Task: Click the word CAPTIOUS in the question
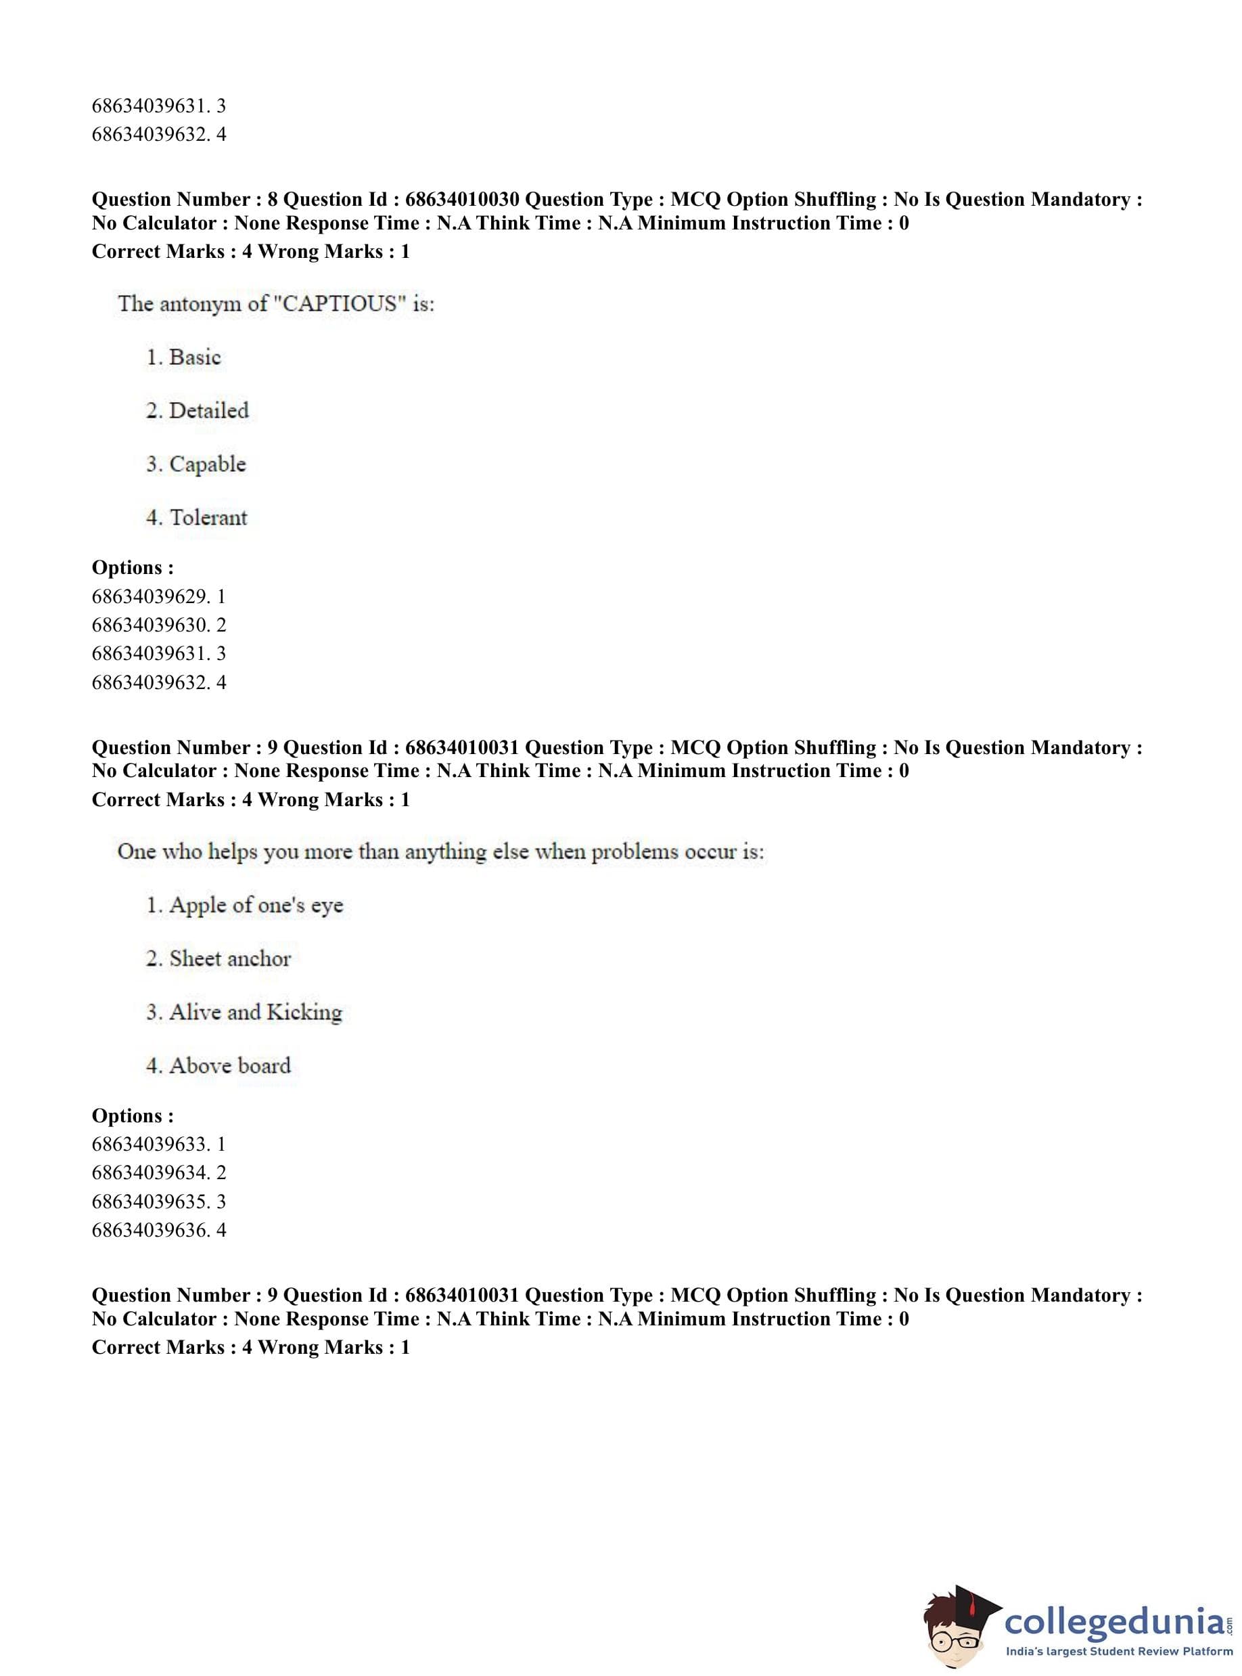pos(338,303)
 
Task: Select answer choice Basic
pos(195,357)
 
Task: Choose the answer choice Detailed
pos(208,411)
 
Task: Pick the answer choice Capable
pos(207,464)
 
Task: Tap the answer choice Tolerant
pos(208,518)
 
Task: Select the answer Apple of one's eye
pos(256,905)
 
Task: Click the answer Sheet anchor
pos(229,958)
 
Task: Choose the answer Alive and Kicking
pos(255,1012)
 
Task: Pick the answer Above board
pos(229,1065)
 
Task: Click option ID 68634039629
pos(150,596)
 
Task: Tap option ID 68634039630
pos(150,625)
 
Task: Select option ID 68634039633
pos(150,1144)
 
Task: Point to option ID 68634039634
pos(150,1173)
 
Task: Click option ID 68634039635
pos(150,1201)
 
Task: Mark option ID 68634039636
pos(150,1230)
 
